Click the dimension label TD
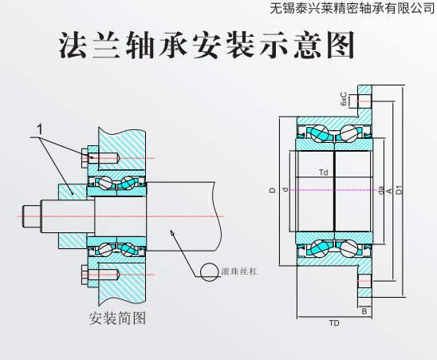334,323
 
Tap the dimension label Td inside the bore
323,172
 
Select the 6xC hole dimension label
344,99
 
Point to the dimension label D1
400,190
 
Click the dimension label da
380,191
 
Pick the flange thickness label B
364,311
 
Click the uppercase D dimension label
272,190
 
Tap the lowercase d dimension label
285,190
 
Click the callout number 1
40,129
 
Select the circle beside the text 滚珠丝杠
209,272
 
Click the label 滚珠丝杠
239,271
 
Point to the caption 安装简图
117,318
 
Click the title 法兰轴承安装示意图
207,45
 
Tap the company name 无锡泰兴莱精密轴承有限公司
352,8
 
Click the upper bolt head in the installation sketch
85,158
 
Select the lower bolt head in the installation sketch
85,275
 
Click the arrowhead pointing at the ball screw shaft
172,233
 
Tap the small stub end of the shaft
32,216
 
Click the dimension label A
389,191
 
